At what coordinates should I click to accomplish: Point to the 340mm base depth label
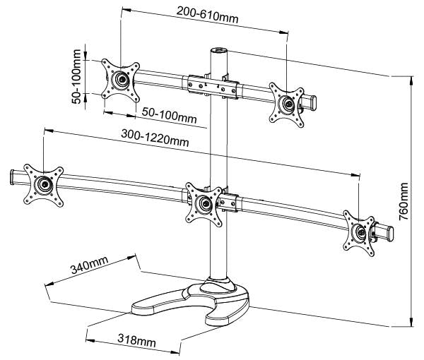pos(90,268)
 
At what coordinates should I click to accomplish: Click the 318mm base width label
pos(134,341)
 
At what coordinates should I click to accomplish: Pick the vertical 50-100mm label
pos(76,71)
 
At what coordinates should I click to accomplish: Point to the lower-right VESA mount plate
pos(361,230)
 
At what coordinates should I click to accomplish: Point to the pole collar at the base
pos(218,284)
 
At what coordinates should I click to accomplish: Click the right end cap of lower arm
pos(384,232)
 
